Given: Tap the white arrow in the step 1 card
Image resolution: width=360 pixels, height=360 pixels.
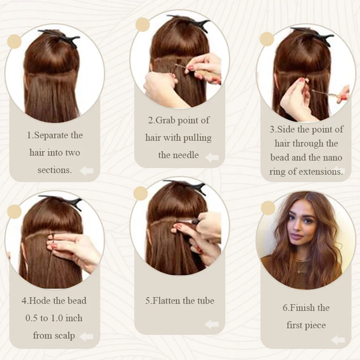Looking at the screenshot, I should pyautogui.click(x=87, y=171).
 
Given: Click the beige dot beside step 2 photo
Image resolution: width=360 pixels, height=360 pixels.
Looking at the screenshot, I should pyautogui.click(x=142, y=25).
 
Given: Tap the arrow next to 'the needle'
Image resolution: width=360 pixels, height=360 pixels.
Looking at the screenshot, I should pyautogui.click(x=212, y=157).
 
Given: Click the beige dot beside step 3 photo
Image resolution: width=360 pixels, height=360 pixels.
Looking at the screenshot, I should pyautogui.click(x=267, y=39).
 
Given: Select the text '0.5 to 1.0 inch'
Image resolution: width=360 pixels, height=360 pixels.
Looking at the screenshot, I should pyautogui.click(x=54, y=318).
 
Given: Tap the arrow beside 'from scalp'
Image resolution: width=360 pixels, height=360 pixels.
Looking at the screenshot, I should pyautogui.click(x=87, y=336).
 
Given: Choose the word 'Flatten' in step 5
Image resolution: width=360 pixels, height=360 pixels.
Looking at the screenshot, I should pyautogui.click(x=166, y=301).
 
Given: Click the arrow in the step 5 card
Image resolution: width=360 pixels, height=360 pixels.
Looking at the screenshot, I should pyautogui.click(x=212, y=324).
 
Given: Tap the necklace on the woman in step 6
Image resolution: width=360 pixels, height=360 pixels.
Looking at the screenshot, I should pyautogui.click(x=302, y=264).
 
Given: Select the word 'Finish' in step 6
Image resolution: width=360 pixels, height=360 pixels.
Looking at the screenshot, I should pyautogui.click(x=299, y=308).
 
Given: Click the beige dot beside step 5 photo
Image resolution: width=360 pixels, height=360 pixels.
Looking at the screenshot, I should pyautogui.click(x=141, y=193).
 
